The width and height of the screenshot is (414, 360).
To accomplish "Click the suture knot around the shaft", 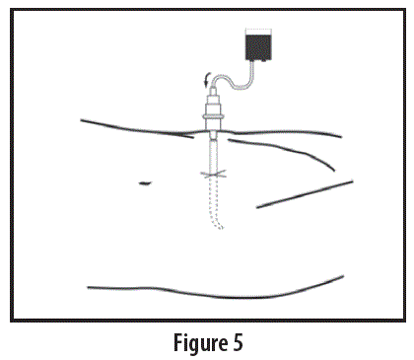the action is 215,175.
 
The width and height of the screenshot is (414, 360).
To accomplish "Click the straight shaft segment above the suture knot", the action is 215,155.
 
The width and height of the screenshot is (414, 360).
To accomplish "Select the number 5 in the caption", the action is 237,342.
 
